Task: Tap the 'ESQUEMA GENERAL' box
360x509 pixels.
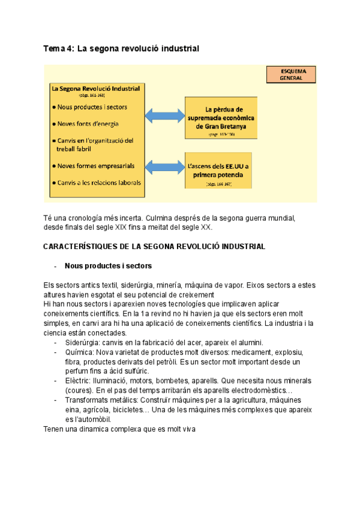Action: (x=292, y=74)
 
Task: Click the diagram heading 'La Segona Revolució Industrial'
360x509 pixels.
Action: (x=96, y=89)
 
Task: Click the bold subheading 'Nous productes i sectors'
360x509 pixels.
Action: (x=108, y=266)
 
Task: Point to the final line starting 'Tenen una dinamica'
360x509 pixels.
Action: (x=120, y=429)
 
